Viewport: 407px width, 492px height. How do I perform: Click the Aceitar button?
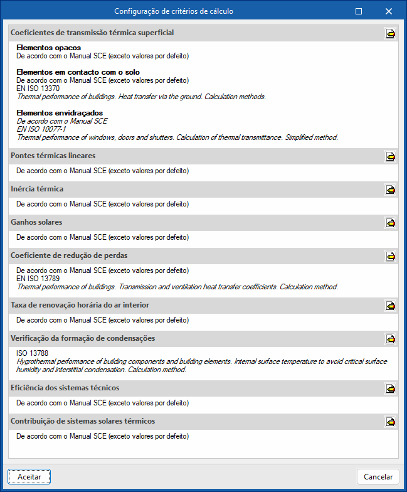(x=29, y=477)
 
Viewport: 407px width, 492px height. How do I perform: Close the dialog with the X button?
(x=389, y=11)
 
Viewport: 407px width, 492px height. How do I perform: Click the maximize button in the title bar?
(x=359, y=11)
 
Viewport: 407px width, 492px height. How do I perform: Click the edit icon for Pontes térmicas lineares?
(x=390, y=156)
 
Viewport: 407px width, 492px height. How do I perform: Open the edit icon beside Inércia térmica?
(x=390, y=190)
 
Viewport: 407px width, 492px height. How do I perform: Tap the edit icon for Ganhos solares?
(x=390, y=223)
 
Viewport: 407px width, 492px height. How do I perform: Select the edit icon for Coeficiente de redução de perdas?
(x=390, y=256)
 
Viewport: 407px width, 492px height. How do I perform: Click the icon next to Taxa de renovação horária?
(x=390, y=306)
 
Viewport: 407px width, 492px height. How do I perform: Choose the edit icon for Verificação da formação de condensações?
(x=390, y=339)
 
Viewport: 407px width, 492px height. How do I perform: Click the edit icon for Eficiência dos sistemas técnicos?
(x=390, y=388)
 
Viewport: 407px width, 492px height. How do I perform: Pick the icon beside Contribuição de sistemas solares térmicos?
(x=390, y=422)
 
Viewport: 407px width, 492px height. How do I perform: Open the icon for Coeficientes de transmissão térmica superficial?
(x=390, y=33)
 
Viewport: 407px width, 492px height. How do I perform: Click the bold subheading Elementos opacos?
(x=48, y=48)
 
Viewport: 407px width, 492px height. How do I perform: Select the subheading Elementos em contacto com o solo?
(x=78, y=72)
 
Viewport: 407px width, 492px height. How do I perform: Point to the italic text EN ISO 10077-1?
(x=41, y=129)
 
